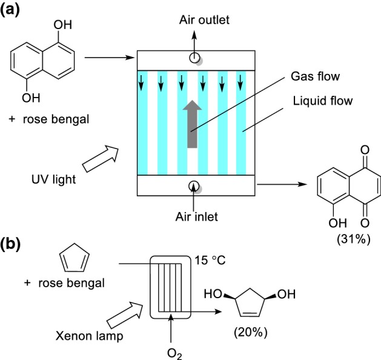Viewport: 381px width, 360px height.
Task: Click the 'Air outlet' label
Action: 204,20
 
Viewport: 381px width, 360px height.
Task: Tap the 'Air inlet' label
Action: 197,216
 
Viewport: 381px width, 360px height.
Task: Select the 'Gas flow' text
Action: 315,76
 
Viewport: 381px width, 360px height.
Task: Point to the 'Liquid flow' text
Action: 323,101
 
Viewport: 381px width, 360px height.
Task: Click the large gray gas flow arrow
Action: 192,124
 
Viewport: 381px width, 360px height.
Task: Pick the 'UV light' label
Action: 54,179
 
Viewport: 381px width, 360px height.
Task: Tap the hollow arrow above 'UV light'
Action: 101,159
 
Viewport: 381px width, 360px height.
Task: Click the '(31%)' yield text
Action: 354,239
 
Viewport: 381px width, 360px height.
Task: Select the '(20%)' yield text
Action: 251,332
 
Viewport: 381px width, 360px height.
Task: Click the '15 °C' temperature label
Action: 210,261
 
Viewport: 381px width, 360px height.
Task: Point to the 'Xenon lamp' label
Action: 90,336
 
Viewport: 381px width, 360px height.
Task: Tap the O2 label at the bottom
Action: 174,354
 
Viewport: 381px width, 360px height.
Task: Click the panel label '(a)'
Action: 10,10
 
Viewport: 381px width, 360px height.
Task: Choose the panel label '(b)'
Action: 10,244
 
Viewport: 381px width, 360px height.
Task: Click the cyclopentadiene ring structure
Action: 75,258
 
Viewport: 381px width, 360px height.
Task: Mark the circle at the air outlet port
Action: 194,58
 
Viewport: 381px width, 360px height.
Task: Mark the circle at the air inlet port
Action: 194,187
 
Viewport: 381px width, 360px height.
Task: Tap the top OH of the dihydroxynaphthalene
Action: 62,25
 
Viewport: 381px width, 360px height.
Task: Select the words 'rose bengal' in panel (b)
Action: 71,283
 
